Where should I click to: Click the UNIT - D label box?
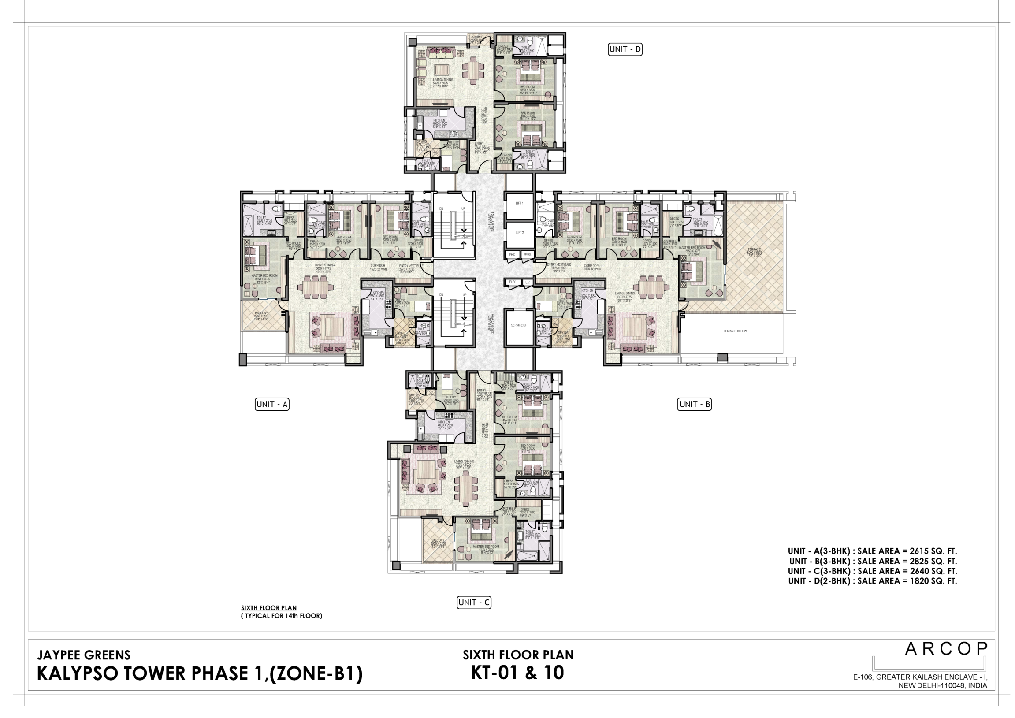click(x=625, y=49)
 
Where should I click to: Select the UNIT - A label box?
click(x=272, y=404)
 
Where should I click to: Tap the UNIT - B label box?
click(x=694, y=404)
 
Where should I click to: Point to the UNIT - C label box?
click(x=473, y=602)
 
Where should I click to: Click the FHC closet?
click(x=512, y=255)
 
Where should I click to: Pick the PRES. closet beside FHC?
click(x=527, y=255)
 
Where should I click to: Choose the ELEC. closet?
click(x=513, y=282)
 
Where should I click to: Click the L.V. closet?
click(x=528, y=282)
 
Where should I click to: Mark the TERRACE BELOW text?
click(x=735, y=331)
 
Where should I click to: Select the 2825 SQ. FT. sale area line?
click(x=873, y=561)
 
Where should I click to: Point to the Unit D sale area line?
click(x=872, y=581)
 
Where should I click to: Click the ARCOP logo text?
click(x=946, y=649)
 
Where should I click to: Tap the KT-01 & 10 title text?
click(x=518, y=673)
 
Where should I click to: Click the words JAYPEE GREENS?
click(x=84, y=655)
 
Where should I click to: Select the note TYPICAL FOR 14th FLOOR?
click(x=282, y=615)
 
